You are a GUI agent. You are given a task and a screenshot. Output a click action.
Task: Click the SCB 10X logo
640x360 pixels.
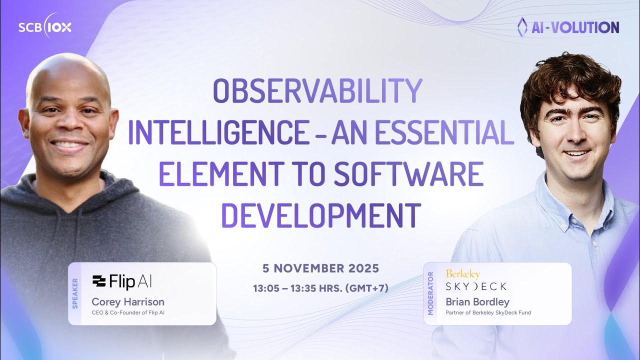coord(45,27)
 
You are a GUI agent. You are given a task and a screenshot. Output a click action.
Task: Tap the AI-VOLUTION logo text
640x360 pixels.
coord(568,27)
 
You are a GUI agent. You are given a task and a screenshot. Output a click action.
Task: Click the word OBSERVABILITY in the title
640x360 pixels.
coord(318,91)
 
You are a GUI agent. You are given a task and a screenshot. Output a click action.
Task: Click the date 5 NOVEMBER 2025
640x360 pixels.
coord(320,268)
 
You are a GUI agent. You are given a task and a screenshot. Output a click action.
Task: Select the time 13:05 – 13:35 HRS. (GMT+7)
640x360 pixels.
coord(320,288)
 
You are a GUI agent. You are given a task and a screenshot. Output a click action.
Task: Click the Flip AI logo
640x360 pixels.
coord(122,282)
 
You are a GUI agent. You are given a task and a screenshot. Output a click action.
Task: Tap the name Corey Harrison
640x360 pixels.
coord(128,302)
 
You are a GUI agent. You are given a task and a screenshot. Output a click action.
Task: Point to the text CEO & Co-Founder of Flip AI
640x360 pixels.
coord(128,313)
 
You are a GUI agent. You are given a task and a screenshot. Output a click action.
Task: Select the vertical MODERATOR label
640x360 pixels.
coord(430,293)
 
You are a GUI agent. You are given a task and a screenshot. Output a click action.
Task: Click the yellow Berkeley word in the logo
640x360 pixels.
coord(462,274)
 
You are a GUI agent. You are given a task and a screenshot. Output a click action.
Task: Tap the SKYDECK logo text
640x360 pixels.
coord(475,286)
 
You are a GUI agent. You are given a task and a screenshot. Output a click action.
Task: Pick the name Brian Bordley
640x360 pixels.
coord(477,302)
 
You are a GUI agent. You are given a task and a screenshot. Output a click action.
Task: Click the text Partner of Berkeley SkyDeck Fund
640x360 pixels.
coord(488,313)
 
